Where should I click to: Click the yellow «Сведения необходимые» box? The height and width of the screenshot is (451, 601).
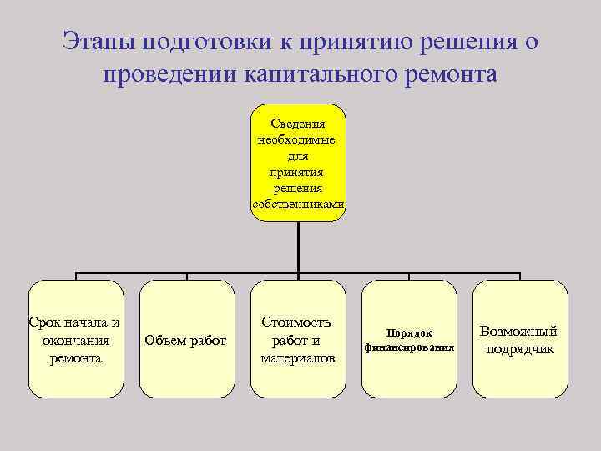coord(298,163)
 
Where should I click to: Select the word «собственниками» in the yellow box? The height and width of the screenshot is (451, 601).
coord(298,205)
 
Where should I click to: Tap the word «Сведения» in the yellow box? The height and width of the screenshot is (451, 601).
coord(299,124)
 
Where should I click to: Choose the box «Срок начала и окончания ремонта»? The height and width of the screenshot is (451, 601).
coord(76,338)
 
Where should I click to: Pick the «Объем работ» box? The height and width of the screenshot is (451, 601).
coord(187,338)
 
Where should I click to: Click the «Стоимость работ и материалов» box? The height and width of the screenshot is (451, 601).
coord(298,338)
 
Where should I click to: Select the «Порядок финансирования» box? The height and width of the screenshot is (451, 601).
coord(409,338)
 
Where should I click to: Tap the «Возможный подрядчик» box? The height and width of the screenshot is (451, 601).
coord(520,338)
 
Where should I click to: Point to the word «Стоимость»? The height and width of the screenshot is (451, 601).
coord(296,322)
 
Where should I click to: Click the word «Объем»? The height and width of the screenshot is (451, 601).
coord(164,340)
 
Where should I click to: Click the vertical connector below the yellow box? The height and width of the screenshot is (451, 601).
coord(298,246)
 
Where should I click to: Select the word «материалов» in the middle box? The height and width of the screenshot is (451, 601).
coord(298,358)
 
